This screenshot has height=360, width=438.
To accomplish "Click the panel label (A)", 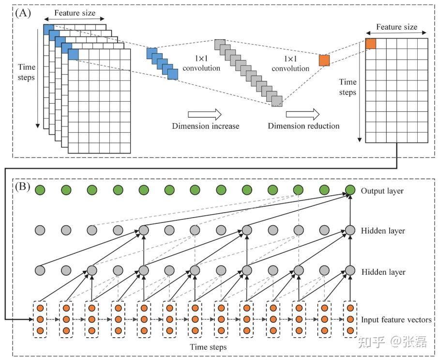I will click(22, 13).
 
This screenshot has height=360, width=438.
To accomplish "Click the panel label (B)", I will click(22, 186).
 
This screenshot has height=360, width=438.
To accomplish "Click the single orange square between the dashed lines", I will click(324, 61).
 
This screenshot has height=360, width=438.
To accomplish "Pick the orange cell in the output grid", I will click(371, 43).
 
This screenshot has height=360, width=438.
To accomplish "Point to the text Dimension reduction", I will click(303, 126).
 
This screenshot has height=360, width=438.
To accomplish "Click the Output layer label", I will click(382, 191).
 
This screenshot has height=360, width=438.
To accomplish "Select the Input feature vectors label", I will click(396, 320).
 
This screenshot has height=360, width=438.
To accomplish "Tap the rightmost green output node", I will click(350, 190).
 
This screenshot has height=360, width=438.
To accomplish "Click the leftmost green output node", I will click(40, 190).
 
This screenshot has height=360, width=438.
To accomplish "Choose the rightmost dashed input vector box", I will click(350, 319).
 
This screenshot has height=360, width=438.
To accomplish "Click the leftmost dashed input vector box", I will click(40, 319).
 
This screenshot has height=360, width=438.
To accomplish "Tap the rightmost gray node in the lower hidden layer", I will click(350, 270).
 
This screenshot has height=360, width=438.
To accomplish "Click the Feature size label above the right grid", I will click(396, 27).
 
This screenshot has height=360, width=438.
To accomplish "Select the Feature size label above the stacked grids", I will click(75, 13).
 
